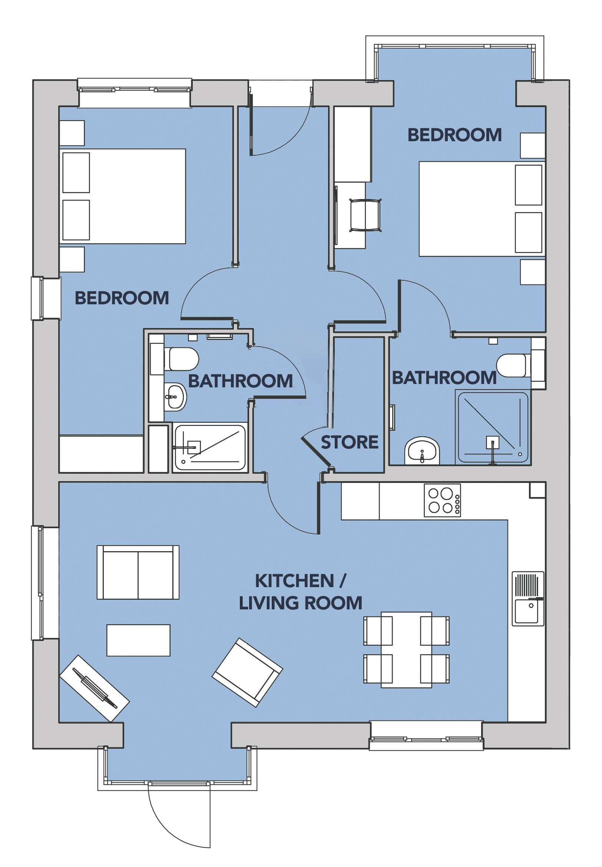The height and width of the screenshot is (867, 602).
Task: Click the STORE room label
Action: (x=349, y=442)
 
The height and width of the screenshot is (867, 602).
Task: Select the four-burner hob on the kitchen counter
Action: (x=442, y=500)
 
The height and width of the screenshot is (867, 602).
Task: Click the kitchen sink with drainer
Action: (x=528, y=599)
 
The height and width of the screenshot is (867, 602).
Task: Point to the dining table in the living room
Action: (x=406, y=650)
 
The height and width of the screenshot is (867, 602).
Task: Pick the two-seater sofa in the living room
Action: (x=138, y=572)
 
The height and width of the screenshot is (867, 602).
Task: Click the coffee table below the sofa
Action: (x=138, y=641)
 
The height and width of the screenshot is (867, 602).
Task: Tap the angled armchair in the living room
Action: (x=248, y=672)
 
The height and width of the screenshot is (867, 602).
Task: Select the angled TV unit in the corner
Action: (x=95, y=688)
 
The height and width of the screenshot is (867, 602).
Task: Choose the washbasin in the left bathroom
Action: (x=175, y=397)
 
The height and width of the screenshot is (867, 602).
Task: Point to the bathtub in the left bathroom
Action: (x=210, y=447)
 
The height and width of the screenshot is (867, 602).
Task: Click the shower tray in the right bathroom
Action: (x=493, y=428)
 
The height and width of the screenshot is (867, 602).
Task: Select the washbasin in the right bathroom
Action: (x=422, y=451)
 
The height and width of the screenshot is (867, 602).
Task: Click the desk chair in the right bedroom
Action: (x=365, y=215)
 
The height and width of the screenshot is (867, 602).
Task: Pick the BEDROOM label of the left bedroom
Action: (x=122, y=298)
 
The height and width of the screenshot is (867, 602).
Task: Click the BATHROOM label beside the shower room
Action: (x=444, y=378)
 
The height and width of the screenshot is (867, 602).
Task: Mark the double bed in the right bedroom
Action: (x=482, y=209)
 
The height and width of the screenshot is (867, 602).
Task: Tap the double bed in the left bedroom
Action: (x=123, y=196)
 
